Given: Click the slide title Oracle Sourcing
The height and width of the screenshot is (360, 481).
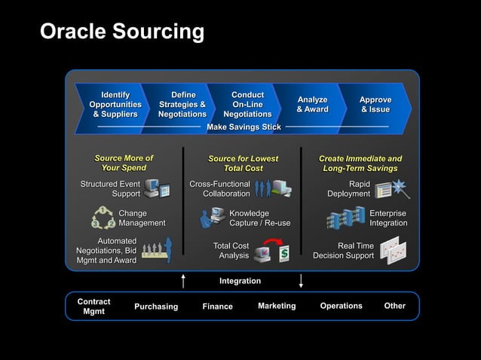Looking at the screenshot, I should coord(121,32).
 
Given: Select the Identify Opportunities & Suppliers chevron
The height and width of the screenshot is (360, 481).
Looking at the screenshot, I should coord(115,105).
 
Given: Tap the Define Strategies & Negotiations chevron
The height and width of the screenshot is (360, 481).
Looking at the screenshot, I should coord(182,105).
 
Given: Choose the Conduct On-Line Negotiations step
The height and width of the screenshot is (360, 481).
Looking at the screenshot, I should coord(247,105).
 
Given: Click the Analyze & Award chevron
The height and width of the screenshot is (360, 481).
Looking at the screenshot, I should coord(312,105).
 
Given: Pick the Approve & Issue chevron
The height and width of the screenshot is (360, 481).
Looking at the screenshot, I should coord(375,105).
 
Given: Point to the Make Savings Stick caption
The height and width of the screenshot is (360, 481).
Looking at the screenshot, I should coord(244,127).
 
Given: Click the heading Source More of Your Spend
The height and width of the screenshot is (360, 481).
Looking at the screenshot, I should coord(124,163).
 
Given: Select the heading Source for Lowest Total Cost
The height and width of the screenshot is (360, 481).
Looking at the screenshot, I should coord(243,163).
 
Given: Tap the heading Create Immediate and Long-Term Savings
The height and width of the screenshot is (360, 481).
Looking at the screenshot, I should coord(360,163).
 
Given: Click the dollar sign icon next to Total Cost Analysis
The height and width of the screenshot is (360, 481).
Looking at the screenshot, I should coord(283,254).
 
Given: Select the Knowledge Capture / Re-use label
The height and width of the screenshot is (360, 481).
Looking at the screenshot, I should coord(259,218).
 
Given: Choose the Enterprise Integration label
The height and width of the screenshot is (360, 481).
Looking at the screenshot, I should coord(388,218).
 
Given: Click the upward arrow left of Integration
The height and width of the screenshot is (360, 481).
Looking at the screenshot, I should coord(183,281).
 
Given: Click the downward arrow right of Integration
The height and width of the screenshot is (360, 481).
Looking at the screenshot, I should coord(302,281).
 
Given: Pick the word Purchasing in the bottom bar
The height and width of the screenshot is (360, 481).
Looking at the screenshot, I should coord(156,307).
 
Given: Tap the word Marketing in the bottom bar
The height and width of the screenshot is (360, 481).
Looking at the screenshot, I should coord(277,306).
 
